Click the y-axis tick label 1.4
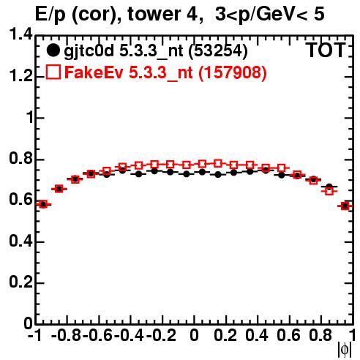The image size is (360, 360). (20, 35)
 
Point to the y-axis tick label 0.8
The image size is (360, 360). (20, 159)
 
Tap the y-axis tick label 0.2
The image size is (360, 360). (20, 282)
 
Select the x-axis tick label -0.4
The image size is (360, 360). (129, 336)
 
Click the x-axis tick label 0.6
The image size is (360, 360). (288, 336)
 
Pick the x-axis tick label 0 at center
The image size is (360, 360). (194, 336)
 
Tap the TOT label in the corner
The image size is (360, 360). (326, 50)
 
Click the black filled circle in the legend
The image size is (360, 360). (53, 50)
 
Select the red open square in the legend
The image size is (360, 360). (53, 72)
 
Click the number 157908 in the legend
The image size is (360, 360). (233, 72)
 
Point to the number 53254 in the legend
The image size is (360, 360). (218, 50)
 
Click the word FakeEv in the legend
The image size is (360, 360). (94, 72)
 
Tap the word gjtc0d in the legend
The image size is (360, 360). (89, 51)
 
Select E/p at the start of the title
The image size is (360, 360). (50, 15)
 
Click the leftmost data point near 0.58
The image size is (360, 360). (43, 204)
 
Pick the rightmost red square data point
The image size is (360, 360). (345, 206)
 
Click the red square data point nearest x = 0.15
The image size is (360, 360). (218, 164)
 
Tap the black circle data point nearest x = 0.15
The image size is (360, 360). (218, 175)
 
